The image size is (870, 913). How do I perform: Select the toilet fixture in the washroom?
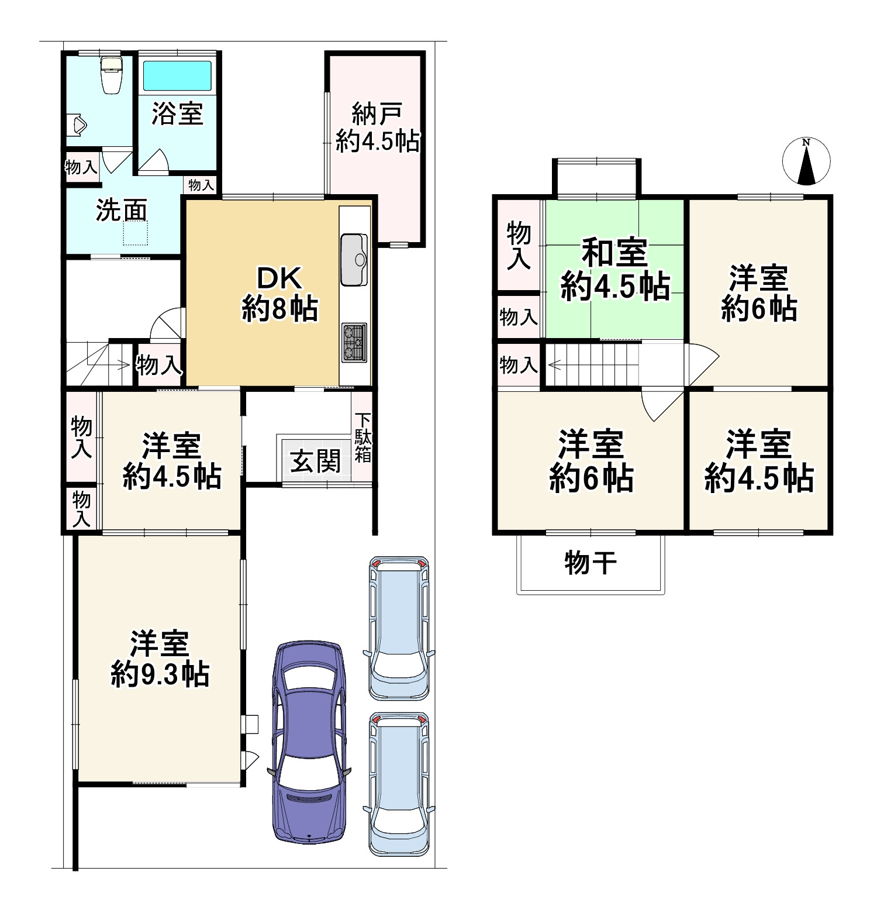coord(111,75)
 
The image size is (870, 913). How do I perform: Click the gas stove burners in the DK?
coord(354,342)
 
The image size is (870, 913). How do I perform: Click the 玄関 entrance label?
coord(316,461)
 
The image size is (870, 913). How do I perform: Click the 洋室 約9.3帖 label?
coord(160,659)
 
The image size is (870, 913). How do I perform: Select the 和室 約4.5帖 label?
coord(615,269)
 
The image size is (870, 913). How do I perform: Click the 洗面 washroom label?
coord(121,211)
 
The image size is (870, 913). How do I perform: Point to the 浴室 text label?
coord(177,113)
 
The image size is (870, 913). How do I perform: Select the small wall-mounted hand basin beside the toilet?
coord(78,125)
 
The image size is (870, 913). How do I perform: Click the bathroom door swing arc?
coord(154,159)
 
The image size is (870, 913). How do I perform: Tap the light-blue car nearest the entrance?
coord(399,626)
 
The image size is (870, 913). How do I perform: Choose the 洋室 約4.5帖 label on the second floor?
coord(758,461)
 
